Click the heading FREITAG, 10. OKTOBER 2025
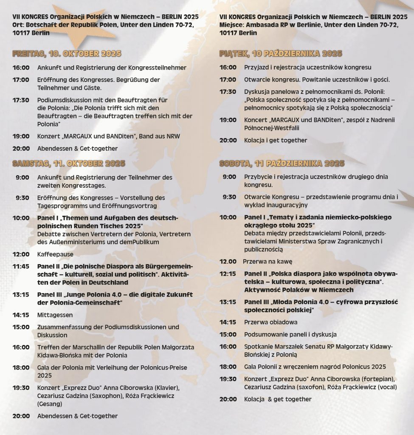(x=67, y=54)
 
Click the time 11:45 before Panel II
(x=21, y=266)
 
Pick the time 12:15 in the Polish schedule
(x=228, y=274)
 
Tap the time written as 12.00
(x=228, y=262)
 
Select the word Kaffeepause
(x=55, y=254)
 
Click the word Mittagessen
(x=55, y=315)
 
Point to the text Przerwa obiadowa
(x=270, y=322)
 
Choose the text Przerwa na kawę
(x=268, y=262)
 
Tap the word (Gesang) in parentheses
(x=50, y=404)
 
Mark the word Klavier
(x=167, y=388)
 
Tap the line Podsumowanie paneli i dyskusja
(x=290, y=334)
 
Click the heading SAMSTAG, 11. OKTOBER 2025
(x=69, y=164)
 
